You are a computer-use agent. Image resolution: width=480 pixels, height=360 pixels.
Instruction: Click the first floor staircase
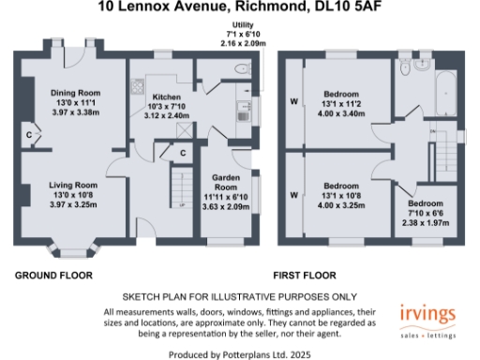457,135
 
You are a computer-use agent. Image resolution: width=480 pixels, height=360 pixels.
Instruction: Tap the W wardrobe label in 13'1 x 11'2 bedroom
293,102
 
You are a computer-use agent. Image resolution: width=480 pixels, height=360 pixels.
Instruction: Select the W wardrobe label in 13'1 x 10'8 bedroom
293,195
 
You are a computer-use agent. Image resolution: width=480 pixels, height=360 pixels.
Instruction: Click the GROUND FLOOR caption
52,276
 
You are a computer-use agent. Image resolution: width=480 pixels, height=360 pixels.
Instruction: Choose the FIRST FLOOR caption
306,276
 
